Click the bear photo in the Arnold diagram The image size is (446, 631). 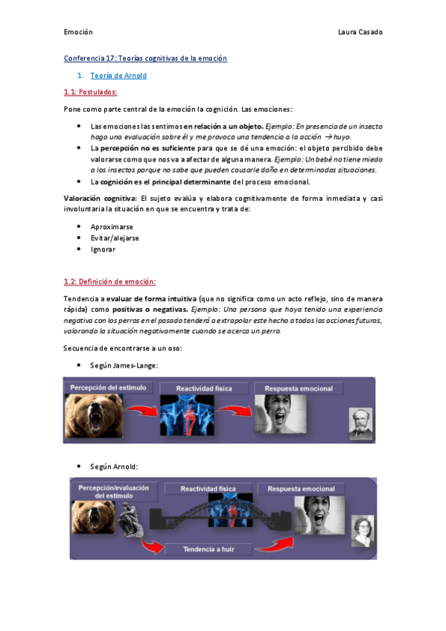pos(90,517)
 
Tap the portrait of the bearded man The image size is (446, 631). pos(360,424)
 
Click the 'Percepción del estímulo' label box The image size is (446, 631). pos(110,388)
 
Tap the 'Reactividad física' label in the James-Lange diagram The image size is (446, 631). pos(203,389)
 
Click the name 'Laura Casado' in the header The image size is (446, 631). pos(360,32)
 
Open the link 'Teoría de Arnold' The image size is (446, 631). pos(118,75)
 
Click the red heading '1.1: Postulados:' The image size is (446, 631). pos(90,92)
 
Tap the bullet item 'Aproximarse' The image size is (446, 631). pos(115,225)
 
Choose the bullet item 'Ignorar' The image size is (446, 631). pos(103,249)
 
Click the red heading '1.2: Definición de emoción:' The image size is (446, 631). pos(109,281)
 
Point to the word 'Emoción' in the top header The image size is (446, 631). pos(78,32)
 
